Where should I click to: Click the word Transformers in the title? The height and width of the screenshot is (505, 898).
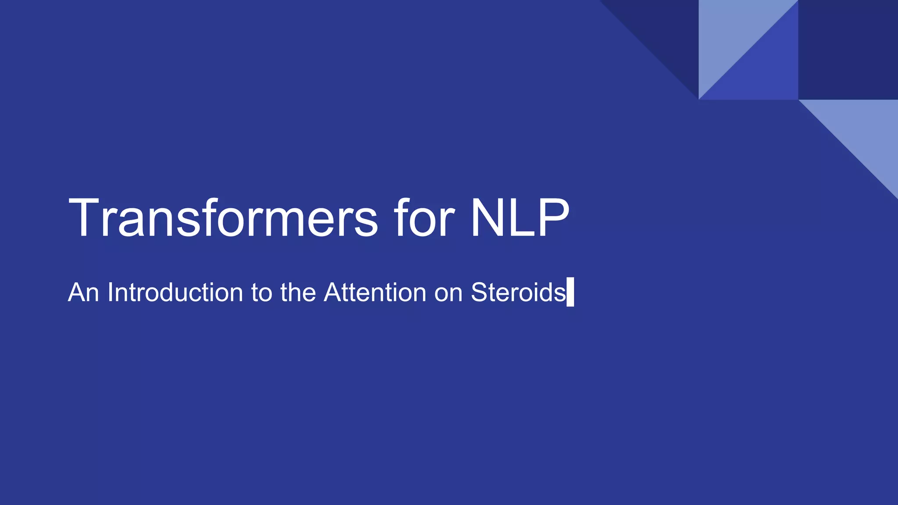tap(223, 218)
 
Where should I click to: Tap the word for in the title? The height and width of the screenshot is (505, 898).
tap(424, 218)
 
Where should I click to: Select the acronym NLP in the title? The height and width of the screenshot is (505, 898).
tap(520, 218)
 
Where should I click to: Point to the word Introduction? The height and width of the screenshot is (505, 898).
tap(175, 292)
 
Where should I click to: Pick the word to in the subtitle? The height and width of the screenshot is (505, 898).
tap(261, 293)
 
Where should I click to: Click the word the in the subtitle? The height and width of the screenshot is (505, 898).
tap(298, 292)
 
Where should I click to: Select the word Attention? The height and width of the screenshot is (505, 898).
tap(375, 292)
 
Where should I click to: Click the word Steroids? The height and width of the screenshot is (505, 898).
tap(518, 292)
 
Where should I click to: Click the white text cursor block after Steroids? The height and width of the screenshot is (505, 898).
tap(570, 292)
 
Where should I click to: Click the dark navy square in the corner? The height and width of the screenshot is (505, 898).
tap(848, 50)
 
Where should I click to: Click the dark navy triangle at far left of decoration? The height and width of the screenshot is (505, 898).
tap(666, 31)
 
